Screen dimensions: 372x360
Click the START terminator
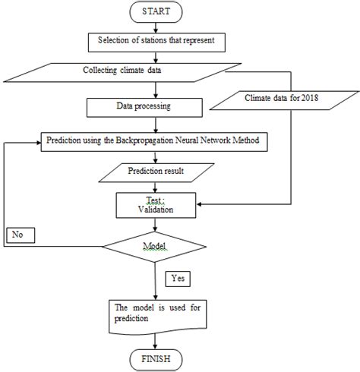[155, 13]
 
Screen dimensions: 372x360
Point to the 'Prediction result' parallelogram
[155, 173]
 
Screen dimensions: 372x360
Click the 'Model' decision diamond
[155, 247]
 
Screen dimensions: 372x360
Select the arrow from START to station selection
[155, 26]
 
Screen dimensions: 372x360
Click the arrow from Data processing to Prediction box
[155, 125]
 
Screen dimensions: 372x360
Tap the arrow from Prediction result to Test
[155, 187]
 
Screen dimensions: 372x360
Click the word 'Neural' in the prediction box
[212, 140]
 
